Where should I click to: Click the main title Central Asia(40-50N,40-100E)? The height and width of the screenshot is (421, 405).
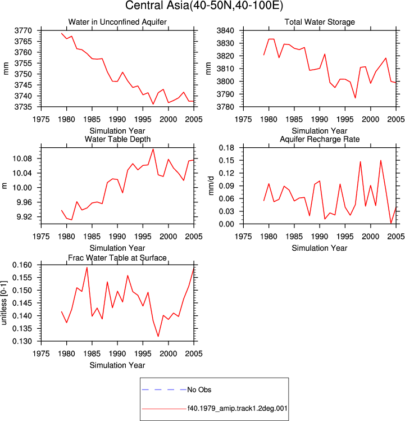204,6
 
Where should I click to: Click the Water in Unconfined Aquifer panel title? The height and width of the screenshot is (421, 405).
117,22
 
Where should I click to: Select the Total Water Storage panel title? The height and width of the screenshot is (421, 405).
320,22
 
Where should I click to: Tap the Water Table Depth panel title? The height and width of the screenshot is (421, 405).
117,139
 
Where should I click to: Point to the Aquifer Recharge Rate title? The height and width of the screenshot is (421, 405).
320,139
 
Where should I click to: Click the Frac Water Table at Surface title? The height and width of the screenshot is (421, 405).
117,258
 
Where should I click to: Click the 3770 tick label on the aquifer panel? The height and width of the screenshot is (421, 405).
23,30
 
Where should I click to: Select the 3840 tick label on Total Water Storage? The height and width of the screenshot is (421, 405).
225,30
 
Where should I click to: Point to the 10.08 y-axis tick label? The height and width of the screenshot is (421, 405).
22,159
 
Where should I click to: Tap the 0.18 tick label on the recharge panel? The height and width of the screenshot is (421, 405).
226,148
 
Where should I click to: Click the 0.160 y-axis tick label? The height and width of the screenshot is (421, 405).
22,265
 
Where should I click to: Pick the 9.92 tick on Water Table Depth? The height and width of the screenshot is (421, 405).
24,216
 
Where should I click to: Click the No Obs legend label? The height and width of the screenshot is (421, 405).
199,390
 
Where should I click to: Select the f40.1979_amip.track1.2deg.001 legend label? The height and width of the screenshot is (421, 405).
237,409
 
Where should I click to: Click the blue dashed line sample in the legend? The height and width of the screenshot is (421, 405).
164,390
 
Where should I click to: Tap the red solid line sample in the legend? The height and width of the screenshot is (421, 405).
164,409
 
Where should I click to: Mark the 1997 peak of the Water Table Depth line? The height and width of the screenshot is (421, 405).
153,149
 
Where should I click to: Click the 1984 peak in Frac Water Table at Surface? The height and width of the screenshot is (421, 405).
87,268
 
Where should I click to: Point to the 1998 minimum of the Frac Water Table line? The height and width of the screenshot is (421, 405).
158,336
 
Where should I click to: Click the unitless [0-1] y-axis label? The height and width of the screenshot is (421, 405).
4,303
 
